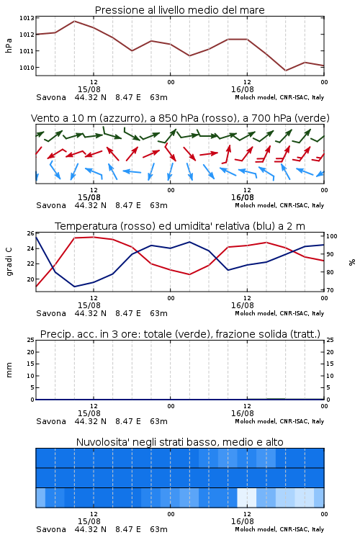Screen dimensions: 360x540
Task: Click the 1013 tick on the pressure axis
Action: click(27, 18)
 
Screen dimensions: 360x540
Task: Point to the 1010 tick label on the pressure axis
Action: click(27, 68)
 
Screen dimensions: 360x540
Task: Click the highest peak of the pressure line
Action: click(74, 21)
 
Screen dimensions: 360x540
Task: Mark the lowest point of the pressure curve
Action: click(286, 71)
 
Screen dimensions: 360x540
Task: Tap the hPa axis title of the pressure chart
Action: click(9, 45)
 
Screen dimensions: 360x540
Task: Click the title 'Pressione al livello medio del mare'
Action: click(180, 10)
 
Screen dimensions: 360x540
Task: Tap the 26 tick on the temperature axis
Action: click(30, 233)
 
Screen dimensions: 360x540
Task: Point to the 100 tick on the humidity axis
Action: click(332, 236)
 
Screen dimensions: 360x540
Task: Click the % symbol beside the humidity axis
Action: click(352, 262)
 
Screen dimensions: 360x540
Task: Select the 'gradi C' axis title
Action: click(9, 262)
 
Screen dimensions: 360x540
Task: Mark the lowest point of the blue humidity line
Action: click(74, 287)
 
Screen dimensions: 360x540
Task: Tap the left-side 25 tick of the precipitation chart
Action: click(30, 340)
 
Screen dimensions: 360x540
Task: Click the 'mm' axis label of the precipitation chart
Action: click(9, 370)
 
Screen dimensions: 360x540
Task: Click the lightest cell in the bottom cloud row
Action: click(247, 498)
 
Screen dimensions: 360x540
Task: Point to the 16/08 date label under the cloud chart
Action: click(243, 521)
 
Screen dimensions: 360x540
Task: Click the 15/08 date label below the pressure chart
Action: click(89, 89)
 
